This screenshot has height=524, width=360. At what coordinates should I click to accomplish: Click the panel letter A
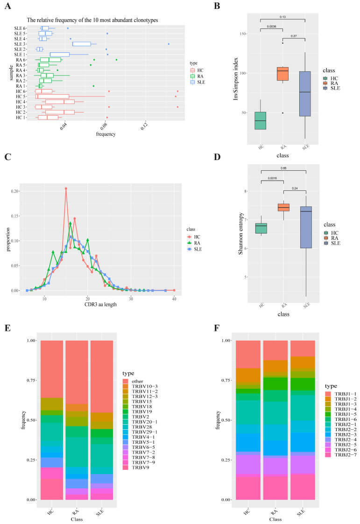point(8,7)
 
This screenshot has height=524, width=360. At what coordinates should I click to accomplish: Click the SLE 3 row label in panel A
point(20,44)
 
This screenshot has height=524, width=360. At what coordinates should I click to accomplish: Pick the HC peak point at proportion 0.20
point(66,189)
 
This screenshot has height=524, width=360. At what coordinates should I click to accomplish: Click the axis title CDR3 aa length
point(101,304)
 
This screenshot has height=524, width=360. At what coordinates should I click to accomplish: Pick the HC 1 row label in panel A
point(20,118)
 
